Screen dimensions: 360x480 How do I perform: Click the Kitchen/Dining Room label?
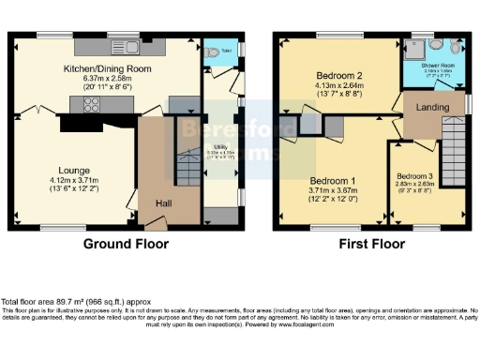pos(107,69)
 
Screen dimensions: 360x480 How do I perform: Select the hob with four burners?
pos(96,105)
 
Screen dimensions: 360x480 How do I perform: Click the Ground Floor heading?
pos(127,244)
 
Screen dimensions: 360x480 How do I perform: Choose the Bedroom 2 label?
pos(334,74)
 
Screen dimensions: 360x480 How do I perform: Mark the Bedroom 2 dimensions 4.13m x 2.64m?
pos(334,86)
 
